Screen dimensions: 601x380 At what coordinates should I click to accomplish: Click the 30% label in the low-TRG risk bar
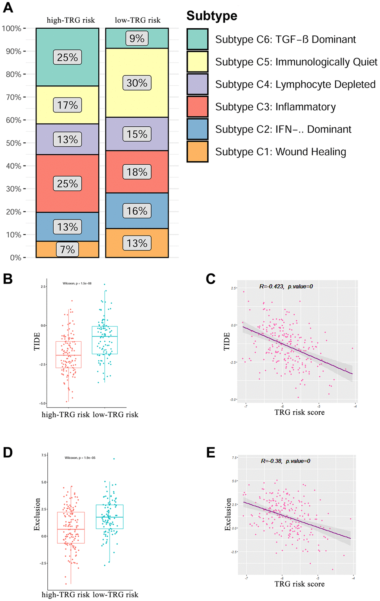click(137, 83)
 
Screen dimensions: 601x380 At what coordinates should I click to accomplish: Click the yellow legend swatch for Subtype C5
click(197, 62)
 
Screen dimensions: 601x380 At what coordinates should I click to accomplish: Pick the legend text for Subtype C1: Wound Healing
click(281, 152)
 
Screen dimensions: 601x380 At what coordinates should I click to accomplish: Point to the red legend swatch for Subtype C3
click(197, 107)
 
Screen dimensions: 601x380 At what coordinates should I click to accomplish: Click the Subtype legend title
click(212, 16)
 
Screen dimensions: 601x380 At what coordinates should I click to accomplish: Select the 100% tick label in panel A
click(12, 29)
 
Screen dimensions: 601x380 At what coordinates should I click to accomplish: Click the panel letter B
click(8, 279)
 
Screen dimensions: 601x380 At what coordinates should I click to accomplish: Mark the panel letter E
click(210, 452)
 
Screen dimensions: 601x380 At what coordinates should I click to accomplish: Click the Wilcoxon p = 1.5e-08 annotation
click(77, 284)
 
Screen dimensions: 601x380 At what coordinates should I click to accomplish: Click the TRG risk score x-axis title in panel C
click(300, 412)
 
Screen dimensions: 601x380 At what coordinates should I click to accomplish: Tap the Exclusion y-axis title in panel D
click(37, 514)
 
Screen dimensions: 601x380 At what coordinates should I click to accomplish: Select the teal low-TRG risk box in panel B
click(105, 340)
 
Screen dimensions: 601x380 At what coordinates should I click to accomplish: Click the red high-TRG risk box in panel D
click(71, 528)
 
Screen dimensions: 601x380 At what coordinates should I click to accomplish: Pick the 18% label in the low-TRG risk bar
click(137, 172)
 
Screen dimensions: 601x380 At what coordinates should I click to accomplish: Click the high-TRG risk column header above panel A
click(71, 20)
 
